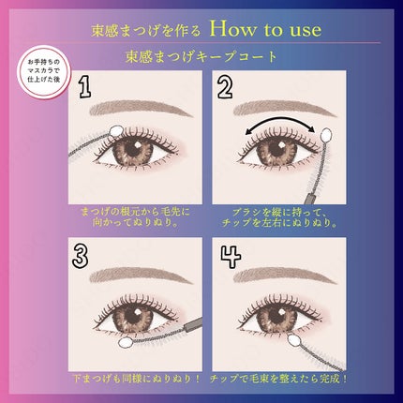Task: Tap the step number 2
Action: tap(225, 87)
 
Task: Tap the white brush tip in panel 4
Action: tap(254, 346)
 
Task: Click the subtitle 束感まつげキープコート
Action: tap(201, 56)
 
